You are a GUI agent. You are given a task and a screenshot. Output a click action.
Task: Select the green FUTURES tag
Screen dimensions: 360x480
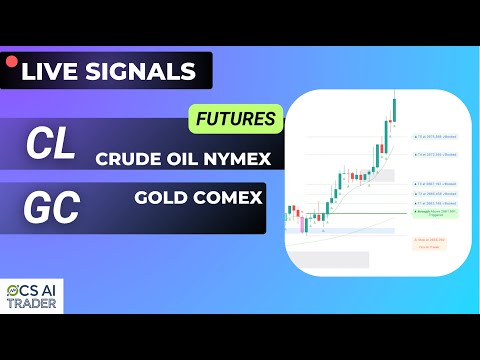[235, 119]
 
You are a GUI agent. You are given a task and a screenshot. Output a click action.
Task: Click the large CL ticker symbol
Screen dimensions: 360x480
[50, 147]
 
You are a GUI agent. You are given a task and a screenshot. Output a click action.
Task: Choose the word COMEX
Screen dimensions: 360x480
[227, 197]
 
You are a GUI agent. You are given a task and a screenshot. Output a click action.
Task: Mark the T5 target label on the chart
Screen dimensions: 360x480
[428, 137]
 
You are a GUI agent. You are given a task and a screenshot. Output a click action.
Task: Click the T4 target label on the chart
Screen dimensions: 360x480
[428, 155]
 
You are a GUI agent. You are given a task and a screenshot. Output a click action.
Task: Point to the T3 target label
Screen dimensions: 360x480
[428, 185]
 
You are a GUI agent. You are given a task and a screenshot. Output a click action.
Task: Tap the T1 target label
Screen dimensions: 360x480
[428, 204]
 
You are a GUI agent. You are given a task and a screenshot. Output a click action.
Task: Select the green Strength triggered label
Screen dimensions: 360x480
[429, 214]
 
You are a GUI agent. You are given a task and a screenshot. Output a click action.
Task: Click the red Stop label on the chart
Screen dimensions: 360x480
[429, 241]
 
